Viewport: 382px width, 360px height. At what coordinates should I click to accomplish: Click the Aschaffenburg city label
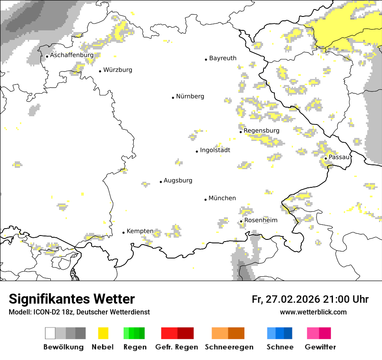pyautogui.click(x=72, y=56)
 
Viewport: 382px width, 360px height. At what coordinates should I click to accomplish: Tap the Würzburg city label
pyautogui.click(x=118, y=70)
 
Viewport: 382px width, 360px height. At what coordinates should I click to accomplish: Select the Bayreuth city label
pyautogui.click(x=223, y=58)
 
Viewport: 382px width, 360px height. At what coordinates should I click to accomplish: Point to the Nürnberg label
pyautogui.click(x=190, y=96)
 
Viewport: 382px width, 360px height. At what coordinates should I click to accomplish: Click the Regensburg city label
pyautogui.click(x=261, y=131)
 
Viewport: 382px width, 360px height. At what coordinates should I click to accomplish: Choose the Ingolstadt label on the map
pyautogui.click(x=215, y=150)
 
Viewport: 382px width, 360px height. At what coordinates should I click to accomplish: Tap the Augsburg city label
pyautogui.click(x=178, y=180)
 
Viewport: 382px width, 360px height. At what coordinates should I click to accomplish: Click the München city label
pyautogui.click(x=222, y=198)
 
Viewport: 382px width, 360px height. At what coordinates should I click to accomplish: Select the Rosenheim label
pyautogui.click(x=260, y=220)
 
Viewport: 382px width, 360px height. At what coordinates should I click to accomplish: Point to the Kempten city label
pyautogui.click(x=140, y=231)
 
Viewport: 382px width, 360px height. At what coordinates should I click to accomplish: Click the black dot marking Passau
pyautogui.click(x=326, y=158)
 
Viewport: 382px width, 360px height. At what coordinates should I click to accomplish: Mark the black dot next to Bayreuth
pyautogui.click(x=206, y=59)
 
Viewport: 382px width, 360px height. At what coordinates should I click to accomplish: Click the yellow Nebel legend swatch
pyautogui.click(x=103, y=333)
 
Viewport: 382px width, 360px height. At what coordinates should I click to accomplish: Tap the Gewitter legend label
pyautogui.click(x=320, y=347)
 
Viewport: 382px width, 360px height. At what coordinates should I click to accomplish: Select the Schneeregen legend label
pyautogui.click(x=229, y=347)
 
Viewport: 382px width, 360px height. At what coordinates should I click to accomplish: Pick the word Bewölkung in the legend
pyautogui.click(x=63, y=347)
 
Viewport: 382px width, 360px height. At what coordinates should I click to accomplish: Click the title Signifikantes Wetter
pyautogui.click(x=72, y=299)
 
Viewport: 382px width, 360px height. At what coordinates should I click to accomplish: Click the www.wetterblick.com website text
pyautogui.click(x=313, y=312)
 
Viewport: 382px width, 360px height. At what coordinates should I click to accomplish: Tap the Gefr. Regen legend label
pyautogui.click(x=177, y=347)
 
